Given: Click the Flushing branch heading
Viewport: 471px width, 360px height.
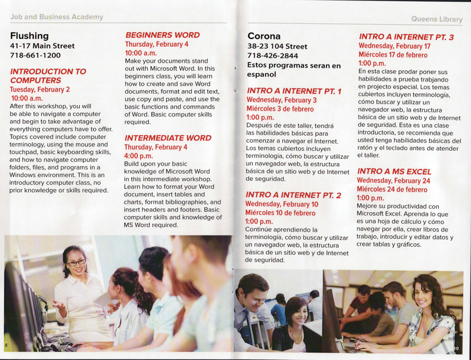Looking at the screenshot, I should [29, 36].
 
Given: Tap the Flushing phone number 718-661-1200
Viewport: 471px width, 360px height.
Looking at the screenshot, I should [35, 55].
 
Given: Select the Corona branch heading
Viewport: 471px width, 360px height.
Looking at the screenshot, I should [264, 37].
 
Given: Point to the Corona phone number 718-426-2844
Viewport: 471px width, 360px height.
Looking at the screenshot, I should [273, 56].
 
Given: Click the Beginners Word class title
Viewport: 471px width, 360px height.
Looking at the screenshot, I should [162, 35].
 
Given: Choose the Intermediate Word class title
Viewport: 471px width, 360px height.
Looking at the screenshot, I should [167, 138].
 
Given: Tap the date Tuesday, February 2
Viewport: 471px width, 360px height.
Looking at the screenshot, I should [40, 90].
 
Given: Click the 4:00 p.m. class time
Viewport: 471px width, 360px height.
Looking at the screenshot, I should [139, 156].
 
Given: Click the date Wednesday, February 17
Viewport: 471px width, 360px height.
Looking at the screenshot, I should [394, 47].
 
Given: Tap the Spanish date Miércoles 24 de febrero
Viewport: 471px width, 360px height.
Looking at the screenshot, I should [392, 189].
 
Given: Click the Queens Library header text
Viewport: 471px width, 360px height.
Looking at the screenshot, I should [436, 19].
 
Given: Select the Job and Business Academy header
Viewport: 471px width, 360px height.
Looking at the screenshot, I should [57, 17].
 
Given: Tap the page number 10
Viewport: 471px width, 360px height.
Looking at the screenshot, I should [457, 348].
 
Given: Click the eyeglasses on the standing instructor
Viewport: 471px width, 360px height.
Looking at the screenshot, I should [76, 263].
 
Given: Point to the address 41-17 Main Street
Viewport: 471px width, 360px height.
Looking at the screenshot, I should [42, 46].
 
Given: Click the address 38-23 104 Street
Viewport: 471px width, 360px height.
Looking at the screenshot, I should [277, 47].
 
